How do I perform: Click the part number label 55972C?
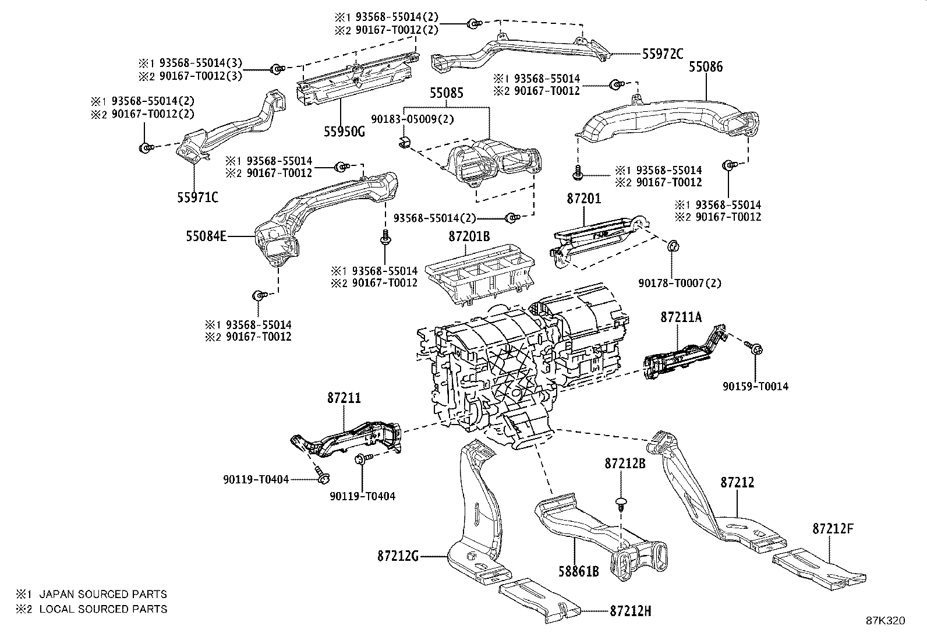pos(663,54)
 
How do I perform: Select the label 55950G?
pos(345,131)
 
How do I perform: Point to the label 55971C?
pos(198,197)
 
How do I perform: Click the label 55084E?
pos(206,236)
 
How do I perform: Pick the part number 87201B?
pos(469,237)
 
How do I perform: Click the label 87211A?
pos(681,317)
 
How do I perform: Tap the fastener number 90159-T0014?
pos(756,386)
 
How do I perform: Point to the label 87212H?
pos(631,611)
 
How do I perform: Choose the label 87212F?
pos(833,529)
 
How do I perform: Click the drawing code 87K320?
pos(885,621)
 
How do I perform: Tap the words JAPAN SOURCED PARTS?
pos(103,595)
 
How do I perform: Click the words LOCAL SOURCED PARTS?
pos(103,609)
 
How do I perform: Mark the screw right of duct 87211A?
pos(755,349)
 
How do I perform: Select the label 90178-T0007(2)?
pos(680,284)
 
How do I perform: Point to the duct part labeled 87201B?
pos(477,277)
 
